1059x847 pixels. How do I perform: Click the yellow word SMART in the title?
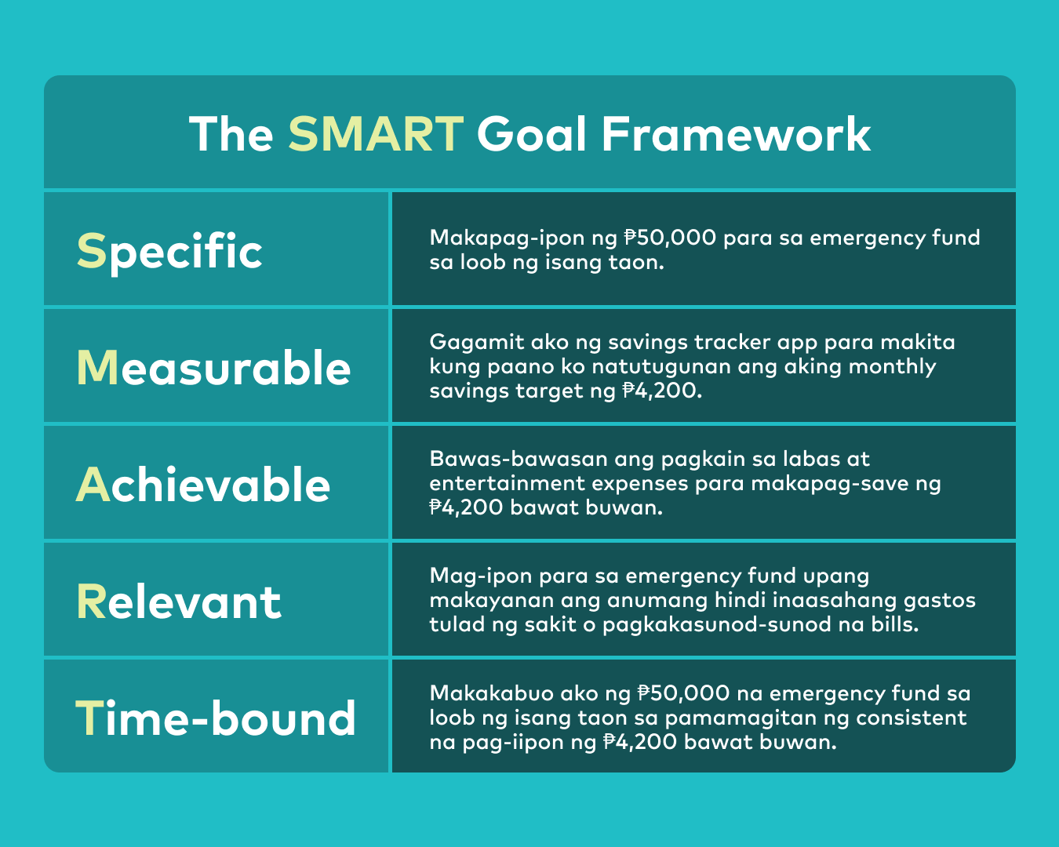click(x=375, y=134)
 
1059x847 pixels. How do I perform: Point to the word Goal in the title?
click(x=531, y=134)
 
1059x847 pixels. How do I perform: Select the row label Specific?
click(x=169, y=252)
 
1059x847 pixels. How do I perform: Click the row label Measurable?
click(x=213, y=368)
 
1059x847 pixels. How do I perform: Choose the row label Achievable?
click(x=203, y=485)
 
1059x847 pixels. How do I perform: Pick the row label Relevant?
click(x=178, y=602)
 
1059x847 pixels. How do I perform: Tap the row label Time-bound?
click(x=216, y=718)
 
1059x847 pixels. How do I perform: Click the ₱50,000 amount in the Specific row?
click(x=670, y=238)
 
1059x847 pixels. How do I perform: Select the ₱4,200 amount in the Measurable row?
click(x=659, y=391)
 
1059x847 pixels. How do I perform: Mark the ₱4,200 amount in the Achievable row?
click(x=466, y=507)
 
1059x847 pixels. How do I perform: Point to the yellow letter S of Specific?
click(x=90, y=252)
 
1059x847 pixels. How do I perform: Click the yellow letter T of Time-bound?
click(x=89, y=718)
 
